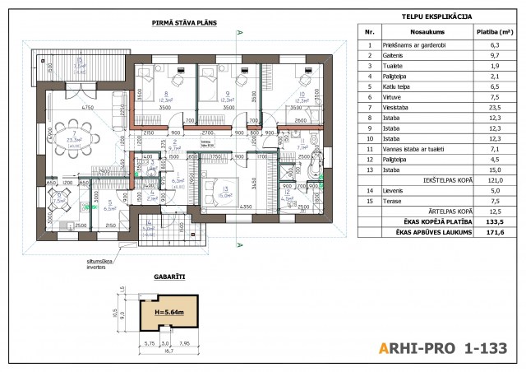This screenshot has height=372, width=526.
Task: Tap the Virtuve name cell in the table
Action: click(394, 97)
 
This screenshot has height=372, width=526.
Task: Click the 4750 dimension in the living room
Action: click(80, 109)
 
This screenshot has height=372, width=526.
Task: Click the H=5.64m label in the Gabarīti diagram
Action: click(171, 314)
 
